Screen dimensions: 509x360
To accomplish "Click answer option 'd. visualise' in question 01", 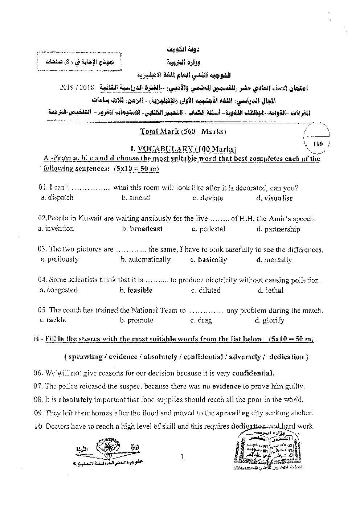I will click(x=274, y=198).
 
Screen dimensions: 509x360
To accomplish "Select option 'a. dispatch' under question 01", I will click(x=57, y=197).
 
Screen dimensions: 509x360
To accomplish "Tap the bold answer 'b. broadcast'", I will click(x=142, y=229).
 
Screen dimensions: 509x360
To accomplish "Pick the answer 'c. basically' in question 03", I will click(x=208, y=260).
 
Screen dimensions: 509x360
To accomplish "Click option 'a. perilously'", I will click(x=60, y=259).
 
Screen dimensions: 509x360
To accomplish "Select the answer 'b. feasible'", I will click(x=136, y=290).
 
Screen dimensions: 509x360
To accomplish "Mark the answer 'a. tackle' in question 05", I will click(x=53, y=320).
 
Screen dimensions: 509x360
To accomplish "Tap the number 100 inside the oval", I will click(x=318, y=144).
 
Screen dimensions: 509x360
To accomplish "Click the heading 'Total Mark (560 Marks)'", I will click(x=183, y=132).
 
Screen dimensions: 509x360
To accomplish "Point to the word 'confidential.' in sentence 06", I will click(x=253, y=373).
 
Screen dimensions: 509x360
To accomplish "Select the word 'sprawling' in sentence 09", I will click(x=232, y=413).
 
